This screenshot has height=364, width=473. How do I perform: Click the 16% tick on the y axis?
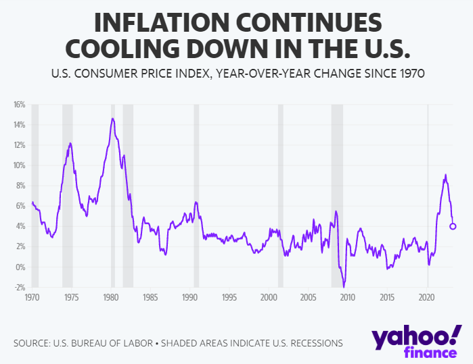pos(18,105)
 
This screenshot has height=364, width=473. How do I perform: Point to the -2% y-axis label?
pos(18,287)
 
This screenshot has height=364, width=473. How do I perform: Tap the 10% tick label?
pos(18,165)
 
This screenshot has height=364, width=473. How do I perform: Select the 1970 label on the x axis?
pos(32,297)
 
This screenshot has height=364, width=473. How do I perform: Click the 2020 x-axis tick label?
pos(427,297)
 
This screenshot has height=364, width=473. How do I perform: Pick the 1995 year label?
pos(229,297)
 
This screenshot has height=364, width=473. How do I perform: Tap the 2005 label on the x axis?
pos(309,297)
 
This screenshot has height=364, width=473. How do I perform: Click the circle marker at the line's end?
pos(453,226)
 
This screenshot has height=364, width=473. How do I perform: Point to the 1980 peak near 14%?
pos(112,119)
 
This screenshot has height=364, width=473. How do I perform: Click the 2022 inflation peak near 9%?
pos(445,175)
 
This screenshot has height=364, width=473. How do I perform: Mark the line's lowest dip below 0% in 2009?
pos(344,286)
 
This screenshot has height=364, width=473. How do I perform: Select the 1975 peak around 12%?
pos(70,143)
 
